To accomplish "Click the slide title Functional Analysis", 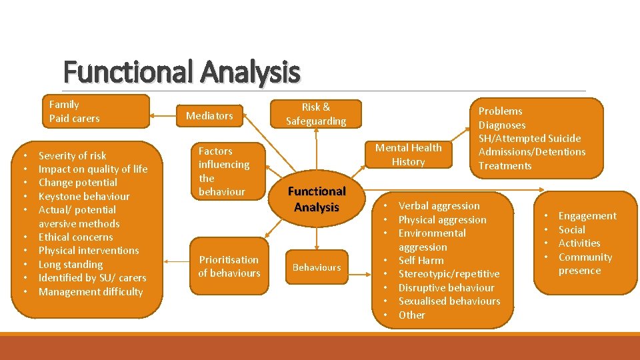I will coord(181,72).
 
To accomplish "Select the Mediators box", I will coord(209,116).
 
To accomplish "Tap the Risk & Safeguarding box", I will coord(316,114).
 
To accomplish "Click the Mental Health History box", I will coord(408,155).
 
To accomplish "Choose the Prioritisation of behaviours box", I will coord(229,266).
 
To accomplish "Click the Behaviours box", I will coord(317,267).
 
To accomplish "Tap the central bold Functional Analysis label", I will coord(317,199).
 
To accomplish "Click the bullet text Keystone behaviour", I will coord(84,196).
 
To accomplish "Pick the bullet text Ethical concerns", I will coord(75,237).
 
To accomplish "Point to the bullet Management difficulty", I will coord(91,291).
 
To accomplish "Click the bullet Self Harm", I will coord(421,260).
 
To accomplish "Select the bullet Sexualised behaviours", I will coord(449,301).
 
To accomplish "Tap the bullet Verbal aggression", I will coord(439,206).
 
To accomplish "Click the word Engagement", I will coord(587,216).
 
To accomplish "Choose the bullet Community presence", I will coord(584,263).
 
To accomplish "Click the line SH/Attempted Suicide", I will coord(529,139).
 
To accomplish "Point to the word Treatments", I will coord(505,166).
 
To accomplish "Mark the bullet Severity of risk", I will coord(72,155).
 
